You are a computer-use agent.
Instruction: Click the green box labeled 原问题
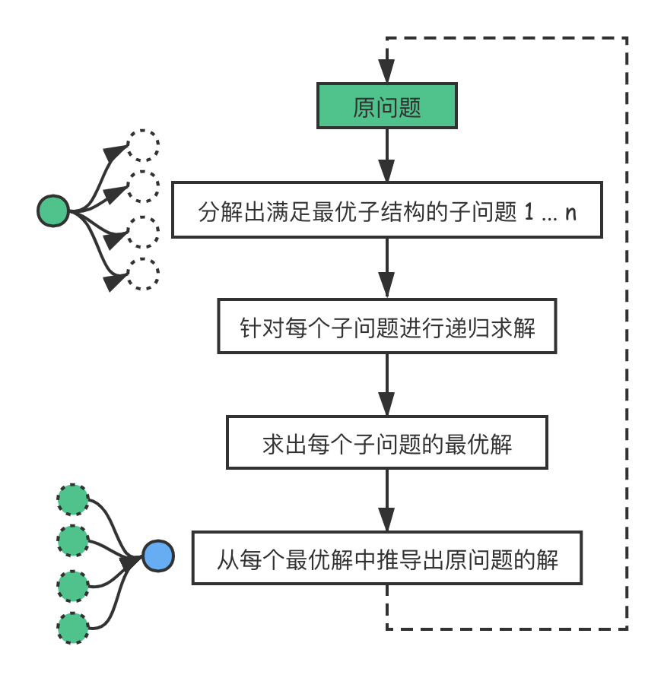tap(387, 107)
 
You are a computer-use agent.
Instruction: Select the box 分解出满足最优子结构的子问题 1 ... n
tap(387, 211)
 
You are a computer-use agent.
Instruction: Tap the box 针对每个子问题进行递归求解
tap(387, 327)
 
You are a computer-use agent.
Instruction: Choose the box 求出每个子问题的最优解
tap(387, 442)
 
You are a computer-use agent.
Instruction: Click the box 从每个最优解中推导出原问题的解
tap(387, 559)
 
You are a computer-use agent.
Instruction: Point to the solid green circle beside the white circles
tap(53, 211)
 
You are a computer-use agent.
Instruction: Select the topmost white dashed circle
tap(142, 145)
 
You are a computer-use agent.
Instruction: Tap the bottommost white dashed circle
tap(142, 274)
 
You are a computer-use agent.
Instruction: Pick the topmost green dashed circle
tap(74, 499)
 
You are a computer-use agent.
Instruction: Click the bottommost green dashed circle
tap(74, 629)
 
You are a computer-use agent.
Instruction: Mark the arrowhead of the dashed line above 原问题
tap(387, 73)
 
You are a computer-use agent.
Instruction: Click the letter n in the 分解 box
tap(571, 212)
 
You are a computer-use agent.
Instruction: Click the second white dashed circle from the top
tap(142, 187)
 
